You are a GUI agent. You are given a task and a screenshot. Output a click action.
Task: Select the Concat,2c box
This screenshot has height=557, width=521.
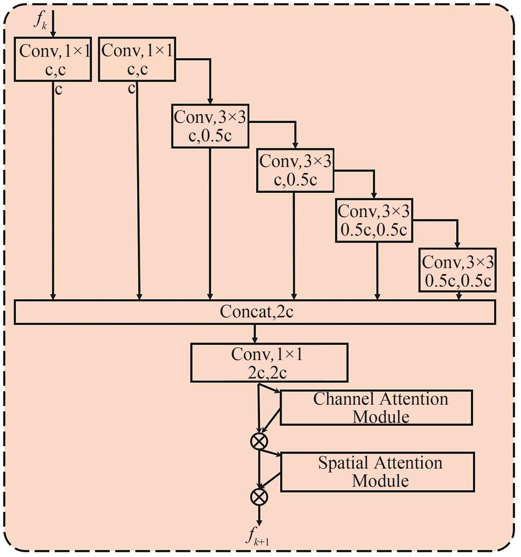pyautogui.click(x=255, y=312)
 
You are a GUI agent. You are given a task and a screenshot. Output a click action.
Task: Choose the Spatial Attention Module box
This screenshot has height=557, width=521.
pyautogui.click(x=377, y=472)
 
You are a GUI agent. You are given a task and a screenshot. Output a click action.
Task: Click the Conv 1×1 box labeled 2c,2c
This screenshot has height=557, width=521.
pyautogui.click(x=269, y=363)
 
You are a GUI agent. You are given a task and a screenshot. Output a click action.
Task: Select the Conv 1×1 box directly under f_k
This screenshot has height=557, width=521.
pyautogui.click(x=53, y=59)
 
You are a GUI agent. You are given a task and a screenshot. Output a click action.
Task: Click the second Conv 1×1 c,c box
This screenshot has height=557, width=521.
pyautogui.click(x=137, y=59)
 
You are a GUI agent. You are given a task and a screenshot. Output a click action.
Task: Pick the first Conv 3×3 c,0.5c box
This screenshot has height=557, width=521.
pyautogui.click(x=210, y=126)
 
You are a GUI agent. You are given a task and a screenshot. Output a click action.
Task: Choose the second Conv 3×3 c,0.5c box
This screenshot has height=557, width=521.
pyautogui.click(x=295, y=171)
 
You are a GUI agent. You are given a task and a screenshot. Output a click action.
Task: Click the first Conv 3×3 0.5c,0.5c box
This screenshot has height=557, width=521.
pyautogui.click(x=374, y=220)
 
